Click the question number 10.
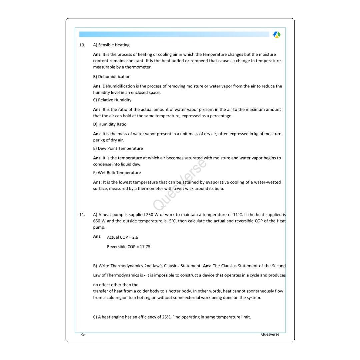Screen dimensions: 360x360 pos(82,45)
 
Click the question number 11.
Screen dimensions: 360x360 pos(82,215)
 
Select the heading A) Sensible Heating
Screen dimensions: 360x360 pos(111,45)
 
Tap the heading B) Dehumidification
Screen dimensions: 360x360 pos(112,77)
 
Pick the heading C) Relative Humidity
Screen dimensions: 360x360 pos(112,100)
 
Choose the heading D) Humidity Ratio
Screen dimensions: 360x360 pos(110,124)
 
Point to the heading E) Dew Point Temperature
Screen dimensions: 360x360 pos(118,149)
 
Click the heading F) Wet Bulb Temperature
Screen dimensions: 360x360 pos(117,173)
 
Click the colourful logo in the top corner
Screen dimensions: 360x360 pos(277,35)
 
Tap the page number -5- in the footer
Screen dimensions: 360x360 pos(83,334)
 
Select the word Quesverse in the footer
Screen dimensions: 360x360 pos(270,334)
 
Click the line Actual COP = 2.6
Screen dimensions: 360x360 pos(122,237)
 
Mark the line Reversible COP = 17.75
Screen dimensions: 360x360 pos(128,247)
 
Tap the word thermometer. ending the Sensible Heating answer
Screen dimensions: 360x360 pos(138,67)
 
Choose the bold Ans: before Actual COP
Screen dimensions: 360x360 pos(97,236)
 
